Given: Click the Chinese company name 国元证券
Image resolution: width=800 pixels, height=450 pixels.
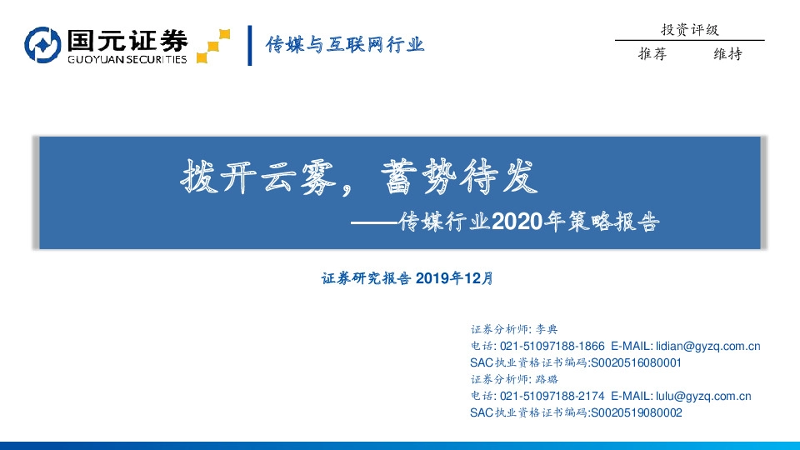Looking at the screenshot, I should pos(127,39).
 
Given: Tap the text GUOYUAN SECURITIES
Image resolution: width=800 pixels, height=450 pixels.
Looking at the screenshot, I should pos(127,59).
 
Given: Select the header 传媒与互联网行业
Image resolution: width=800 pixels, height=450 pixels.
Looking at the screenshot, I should pos(345,44).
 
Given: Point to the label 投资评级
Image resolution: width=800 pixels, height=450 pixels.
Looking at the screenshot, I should pos(689,30).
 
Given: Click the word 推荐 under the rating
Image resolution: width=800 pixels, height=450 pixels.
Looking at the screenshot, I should pos(652,54).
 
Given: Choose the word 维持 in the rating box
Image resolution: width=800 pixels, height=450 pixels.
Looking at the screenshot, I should pos(727,54).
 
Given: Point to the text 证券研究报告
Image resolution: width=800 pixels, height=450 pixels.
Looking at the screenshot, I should pos(367,279).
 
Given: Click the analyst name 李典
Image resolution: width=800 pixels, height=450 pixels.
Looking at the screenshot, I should pos(557,329).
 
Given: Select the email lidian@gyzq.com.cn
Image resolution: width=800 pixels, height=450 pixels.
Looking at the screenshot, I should pos(708,346).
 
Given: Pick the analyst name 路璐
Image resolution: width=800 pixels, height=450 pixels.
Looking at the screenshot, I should pos(557,379).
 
